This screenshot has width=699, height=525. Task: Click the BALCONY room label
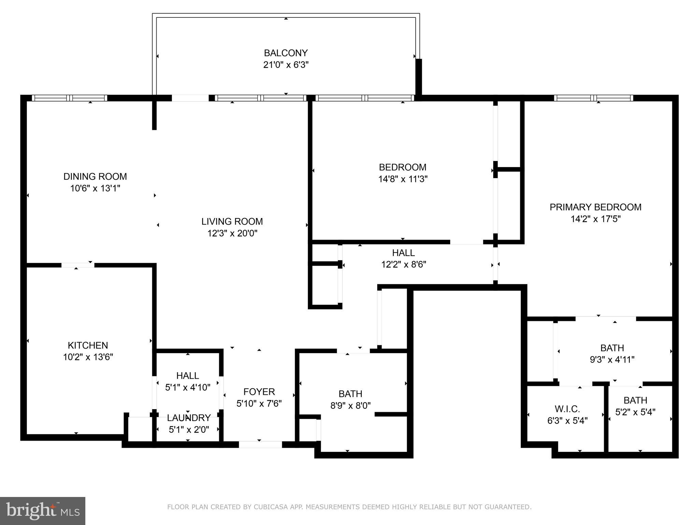pyautogui.click(x=286, y=53)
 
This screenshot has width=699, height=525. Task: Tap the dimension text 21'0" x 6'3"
pyautogui.click(x=286, y=65)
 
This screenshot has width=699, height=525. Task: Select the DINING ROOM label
pyautogui.click(x=95, y=176)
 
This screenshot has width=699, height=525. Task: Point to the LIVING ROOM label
pyautogui.click(x=232, y=221)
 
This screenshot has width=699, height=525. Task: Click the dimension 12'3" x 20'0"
pyautogui.click(x=232, y=233)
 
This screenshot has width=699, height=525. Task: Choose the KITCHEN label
pyautogui.click(x=88, y=345)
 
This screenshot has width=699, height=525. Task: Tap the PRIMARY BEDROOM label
pyautogui.click(x=595, y=207)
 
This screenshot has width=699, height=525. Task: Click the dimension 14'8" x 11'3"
pyautogui.click(x=403, y=179)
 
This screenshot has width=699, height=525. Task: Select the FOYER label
pyautogui.click(x=259, y=392)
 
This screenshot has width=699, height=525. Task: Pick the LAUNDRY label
pyautogui.click(x=189, y=418)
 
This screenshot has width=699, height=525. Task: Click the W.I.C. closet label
pyautogui.click(x=567, y=409)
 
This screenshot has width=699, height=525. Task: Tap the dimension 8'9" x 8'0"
pyautogui.click(x=351, y=406)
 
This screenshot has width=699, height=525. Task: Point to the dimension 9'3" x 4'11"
pyautogui.click(x=612, y=360)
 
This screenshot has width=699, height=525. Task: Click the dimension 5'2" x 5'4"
pyautogui.click(x=635, y=412)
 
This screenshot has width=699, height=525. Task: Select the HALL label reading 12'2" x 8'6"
pyautogui.click(x=403, y=253)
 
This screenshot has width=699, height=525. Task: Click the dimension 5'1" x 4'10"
pyautogui.click(x=188, y=388)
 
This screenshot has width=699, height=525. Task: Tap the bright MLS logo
pyautogui.click(x=42, y=511)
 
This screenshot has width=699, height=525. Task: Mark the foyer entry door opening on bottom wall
pyautogui.click(x=260, y=445)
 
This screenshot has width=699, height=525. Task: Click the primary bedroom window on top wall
pyautogui.click(x=594, y=98)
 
